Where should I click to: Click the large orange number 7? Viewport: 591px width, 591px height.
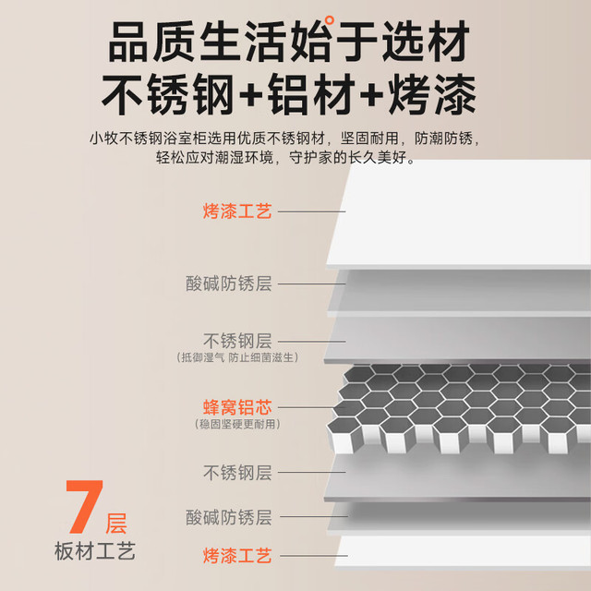[84, 507]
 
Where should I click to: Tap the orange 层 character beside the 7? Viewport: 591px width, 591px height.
[115, 524]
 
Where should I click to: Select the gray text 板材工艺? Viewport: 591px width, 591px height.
[94, 551]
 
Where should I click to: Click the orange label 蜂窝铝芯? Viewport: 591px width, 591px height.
[237, 407]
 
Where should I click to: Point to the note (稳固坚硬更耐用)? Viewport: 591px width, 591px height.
[237, 425]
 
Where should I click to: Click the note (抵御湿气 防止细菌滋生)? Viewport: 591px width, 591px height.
[237, 357]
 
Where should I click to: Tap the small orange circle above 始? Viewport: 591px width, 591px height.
[329, 19]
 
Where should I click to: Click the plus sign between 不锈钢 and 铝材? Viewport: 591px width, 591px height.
[251, 95]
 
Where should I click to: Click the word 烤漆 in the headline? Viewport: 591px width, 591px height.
[432, 94]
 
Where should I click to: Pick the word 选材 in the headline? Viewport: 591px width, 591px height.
[426, 42]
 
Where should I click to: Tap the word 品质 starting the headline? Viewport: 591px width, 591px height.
[151, 42]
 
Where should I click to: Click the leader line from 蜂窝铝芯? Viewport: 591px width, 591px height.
[306, 407]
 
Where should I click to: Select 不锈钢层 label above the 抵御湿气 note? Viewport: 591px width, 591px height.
[237, 341]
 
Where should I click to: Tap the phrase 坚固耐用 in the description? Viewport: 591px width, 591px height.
[369, 139]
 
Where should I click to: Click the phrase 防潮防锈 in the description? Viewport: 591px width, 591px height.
[443, 139]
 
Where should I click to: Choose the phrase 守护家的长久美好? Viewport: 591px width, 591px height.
[348, 157]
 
